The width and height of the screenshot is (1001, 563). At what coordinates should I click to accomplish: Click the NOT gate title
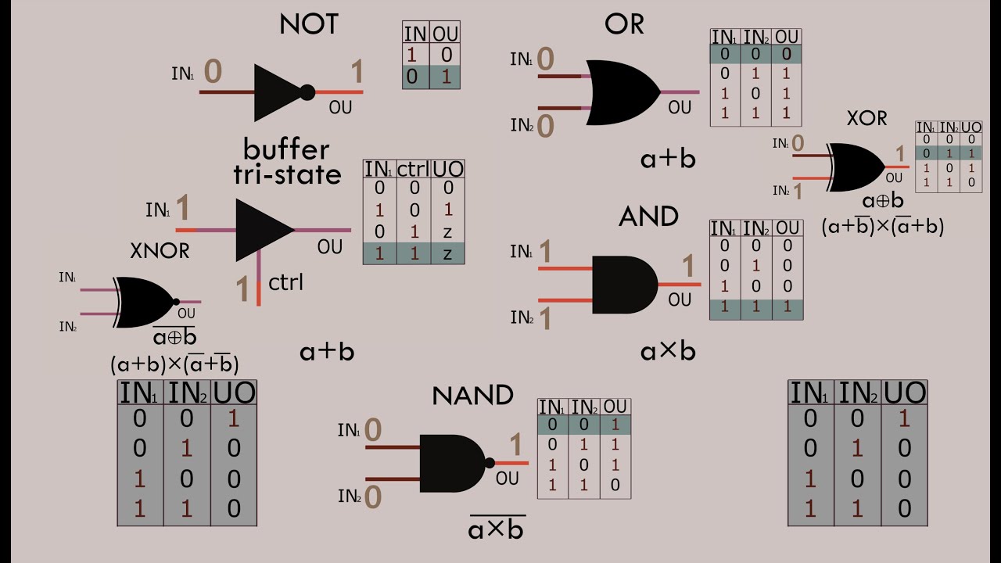coord(309,24)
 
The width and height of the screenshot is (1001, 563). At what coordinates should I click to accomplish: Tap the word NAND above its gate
coord(472,395)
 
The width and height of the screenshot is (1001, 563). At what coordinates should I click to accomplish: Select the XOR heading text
coord(866,118)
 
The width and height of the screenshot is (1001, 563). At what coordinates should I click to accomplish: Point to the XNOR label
coord(160,251)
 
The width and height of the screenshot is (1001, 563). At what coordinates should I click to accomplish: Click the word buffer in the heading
coord(286,149)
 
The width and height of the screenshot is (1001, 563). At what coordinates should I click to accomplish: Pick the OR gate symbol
coord(622,92)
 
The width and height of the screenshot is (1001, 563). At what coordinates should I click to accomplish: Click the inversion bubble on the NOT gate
coord(307,92)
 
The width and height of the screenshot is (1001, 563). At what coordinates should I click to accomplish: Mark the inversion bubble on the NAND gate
coord(490,463)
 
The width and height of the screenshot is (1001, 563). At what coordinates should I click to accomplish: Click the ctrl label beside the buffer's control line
coord(285,281)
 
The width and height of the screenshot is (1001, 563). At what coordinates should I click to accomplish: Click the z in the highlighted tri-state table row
coord(448,253)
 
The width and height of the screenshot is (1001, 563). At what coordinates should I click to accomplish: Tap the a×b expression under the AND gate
coord(667,352)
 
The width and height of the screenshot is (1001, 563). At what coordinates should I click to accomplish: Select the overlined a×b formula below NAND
coord(497,529)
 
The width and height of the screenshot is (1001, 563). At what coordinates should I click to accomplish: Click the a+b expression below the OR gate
coord(667,159)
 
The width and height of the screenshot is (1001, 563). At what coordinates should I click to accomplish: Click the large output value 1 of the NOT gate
coord(357,73)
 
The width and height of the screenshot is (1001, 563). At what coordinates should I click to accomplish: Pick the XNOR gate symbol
coord(144,302)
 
